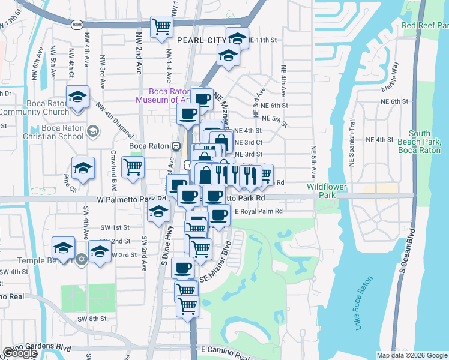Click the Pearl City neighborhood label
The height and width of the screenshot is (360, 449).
(200, 40)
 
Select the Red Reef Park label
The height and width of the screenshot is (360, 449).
(425, 25)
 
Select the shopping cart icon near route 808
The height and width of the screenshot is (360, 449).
(161, 27)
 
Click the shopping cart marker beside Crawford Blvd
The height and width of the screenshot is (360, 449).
(133, 167)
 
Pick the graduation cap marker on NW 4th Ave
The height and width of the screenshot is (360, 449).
(77, 97)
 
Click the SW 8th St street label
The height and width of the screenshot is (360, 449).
(95, 319)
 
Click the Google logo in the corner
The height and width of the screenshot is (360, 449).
(19, 353)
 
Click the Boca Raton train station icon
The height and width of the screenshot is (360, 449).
(176, 146)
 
